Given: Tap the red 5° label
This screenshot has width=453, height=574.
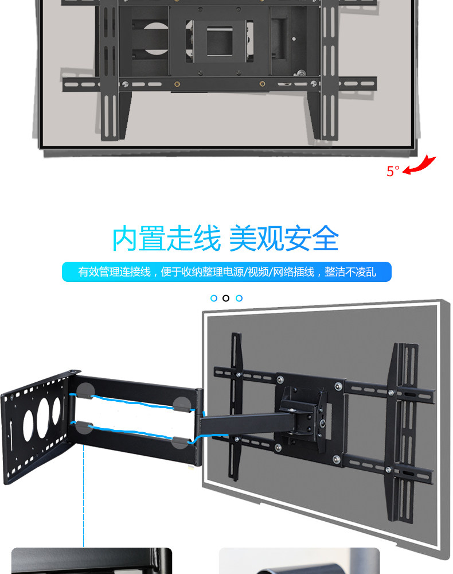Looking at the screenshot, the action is (393, 171).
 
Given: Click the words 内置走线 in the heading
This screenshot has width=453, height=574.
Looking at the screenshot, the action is (166, 239).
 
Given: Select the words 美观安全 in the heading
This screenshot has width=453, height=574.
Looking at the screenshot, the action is (284, 239).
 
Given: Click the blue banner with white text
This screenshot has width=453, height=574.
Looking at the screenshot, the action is (226, 272).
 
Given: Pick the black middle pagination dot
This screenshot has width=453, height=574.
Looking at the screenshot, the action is (226, 298).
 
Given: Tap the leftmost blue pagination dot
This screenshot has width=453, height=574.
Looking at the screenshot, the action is (214, 298).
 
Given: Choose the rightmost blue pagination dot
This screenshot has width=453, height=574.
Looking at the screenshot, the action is (239, 298).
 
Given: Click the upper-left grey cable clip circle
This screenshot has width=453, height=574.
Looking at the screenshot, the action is (86, 391).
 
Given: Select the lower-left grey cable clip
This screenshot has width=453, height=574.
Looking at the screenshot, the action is (84, 427).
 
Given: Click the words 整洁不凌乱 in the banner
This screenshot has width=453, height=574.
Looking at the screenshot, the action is (350, 272).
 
